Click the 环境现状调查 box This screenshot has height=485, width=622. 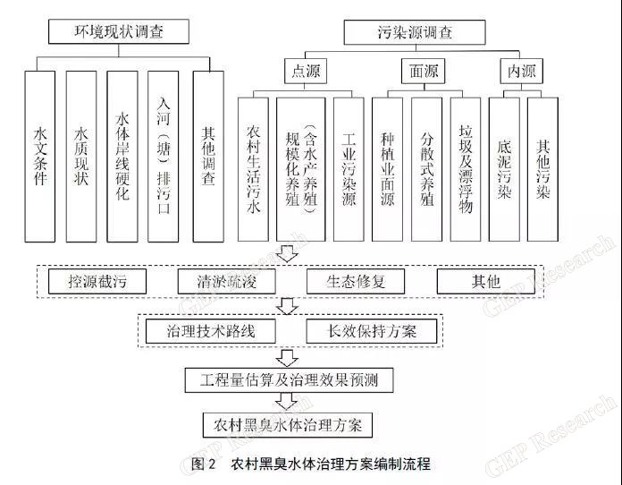point(119,31)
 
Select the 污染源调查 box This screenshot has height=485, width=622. point(415,32)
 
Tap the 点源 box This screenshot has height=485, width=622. point(306,71)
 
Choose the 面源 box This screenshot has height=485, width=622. point(424,71)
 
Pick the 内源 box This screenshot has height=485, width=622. point(521,71)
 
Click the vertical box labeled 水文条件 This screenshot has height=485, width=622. point(39,157)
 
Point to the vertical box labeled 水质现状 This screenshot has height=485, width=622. point(81,157)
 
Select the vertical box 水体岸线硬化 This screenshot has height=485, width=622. point(122,157)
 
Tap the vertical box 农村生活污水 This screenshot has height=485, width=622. point(253,169)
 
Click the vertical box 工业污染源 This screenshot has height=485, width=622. point(349,169)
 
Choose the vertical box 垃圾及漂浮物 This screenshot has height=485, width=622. point(466,169)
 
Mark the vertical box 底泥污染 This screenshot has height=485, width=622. point(504,169)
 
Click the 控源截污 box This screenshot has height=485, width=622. point(97,281)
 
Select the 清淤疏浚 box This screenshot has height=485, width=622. point(226,281)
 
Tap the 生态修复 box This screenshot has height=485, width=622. point(356,281)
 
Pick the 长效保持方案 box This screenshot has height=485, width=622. point(372,331)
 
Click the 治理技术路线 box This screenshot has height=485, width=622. point(211,331)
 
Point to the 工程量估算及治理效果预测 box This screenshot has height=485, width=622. point(290,380)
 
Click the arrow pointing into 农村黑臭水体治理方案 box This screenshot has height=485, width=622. point(287,401)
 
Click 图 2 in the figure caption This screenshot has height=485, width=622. point(203,464)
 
